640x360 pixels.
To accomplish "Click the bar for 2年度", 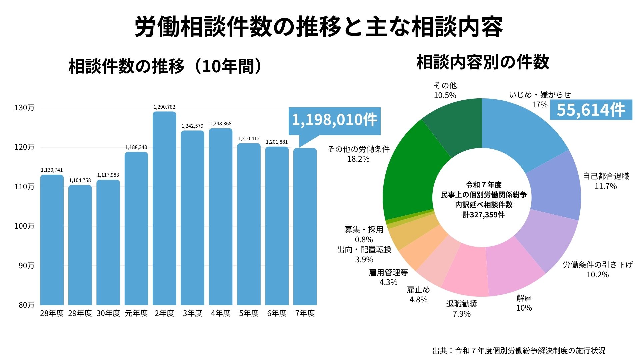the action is (164, 208).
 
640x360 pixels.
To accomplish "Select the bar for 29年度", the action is (80, 245).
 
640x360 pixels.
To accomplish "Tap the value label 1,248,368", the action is (221, 124).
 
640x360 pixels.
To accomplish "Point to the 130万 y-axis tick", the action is (24, 108).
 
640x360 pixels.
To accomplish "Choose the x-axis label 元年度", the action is (136, 313).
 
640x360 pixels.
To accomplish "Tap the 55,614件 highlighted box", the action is (591, 110).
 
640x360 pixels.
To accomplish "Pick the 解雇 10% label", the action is (524, 303).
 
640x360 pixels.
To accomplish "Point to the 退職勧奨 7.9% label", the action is (462, 309).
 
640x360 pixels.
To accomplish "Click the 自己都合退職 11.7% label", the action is (606, 181).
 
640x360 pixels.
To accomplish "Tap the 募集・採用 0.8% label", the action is (364, 234).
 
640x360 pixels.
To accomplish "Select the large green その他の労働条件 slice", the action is (412, 173).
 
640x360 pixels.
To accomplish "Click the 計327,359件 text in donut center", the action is (484, 215).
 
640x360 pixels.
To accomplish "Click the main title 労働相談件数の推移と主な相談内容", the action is (319, 27).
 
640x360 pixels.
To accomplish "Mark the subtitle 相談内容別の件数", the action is (483, 62).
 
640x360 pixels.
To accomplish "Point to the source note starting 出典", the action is (519, 351).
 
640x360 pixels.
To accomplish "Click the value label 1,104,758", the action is (80, 180).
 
